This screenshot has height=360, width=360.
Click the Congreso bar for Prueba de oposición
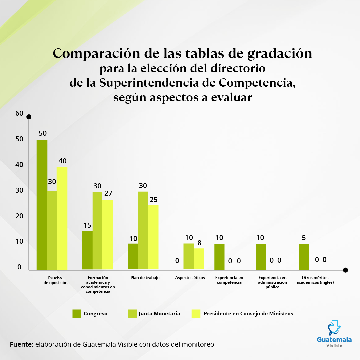pyautogui.click(x=42, y=205)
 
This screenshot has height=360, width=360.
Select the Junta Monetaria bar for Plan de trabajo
pyautogui.click(x=143, y=230)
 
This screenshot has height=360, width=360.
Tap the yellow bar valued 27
pyautogui.click(x=107, y=234)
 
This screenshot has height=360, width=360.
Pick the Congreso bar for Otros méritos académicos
pyautogui.click(x=304, y=257)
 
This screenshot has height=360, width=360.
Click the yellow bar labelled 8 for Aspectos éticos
pyautogui.click(x=199, y=259)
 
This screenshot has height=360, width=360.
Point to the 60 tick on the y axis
pyautogui.click(x=19, y=113)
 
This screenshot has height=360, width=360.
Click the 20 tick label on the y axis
pyautogui.click(x=19, y=216)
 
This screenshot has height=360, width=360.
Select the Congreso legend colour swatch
pyautogui.click(x=77, y=314)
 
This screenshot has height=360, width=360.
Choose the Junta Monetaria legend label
pyautogui.click(x=159, y=314)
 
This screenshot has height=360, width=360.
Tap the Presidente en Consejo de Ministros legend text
pyautogui.click(x=248, y=314)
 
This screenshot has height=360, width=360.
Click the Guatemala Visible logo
pyautogui.click(x=334, y=333)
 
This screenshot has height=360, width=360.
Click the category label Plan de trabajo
pyautogui.click(x=145, y=278)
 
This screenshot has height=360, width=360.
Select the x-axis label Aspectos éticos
pyautogui.click(x=190, y=278)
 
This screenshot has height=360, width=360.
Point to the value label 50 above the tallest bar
pyautogui.click(x=42, y=133)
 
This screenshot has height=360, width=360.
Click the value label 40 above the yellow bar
pyautogui.click(x=62, y=161)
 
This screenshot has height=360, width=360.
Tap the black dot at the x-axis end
pyautogui.click(x=345, y=270)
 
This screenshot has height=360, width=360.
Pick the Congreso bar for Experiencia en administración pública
pyautogui.click(x=261, y=257)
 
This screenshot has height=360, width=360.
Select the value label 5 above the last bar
pyautogui.click(x=304, y=238)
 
